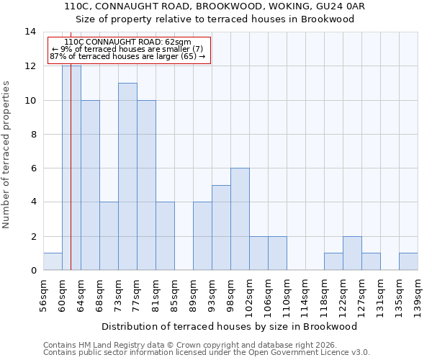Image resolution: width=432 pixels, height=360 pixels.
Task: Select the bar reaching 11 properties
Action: pyautogui.click(x=127, y=176)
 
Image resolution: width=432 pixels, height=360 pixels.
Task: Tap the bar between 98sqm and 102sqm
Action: pyautogui.click(x=240, y=219)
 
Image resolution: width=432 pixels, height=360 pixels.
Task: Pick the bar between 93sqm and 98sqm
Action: pyautogui.click(x=221, y=228)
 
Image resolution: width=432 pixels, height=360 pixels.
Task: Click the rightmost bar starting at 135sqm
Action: pyautogui.click(x=408, y=261)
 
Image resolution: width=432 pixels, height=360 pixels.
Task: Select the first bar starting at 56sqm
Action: pyautogui.click(x=53, y=261)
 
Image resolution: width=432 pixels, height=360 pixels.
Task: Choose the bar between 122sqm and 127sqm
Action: pyautogui.click(x=352, y=253)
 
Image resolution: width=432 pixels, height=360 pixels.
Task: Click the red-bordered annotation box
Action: pyautogui.click(x=128, y=50)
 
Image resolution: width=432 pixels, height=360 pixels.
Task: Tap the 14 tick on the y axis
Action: pyautogui.click(x=31, y=32)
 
